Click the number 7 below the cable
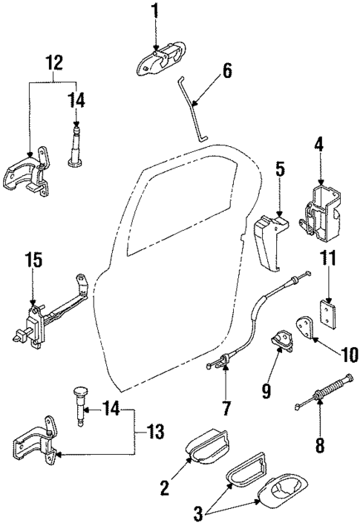point(226,407)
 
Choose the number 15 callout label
point(33,262)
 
